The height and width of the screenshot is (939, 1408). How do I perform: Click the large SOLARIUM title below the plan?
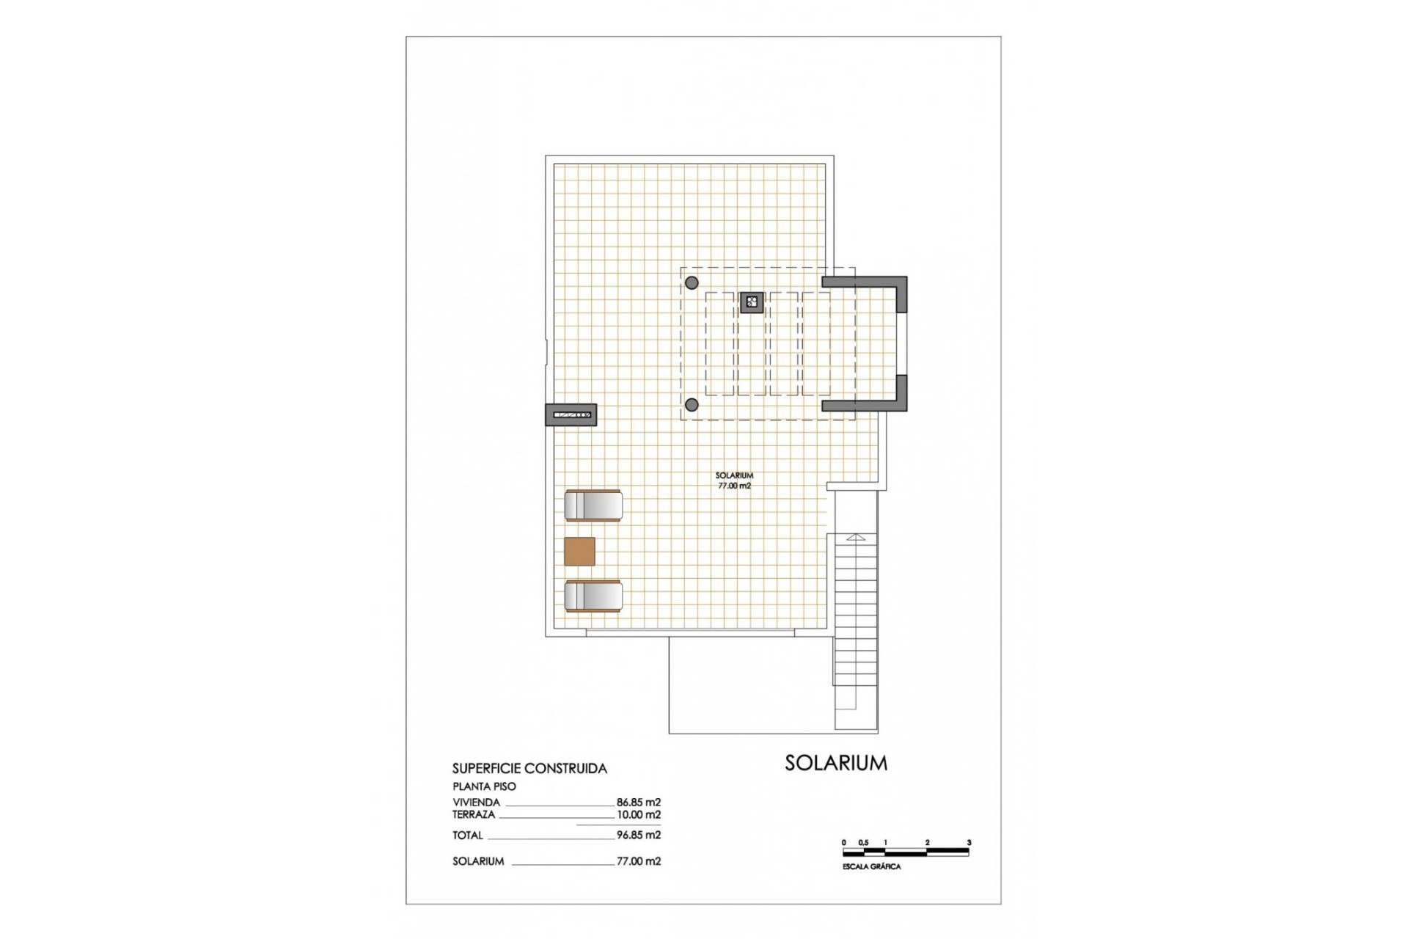click(835, 763)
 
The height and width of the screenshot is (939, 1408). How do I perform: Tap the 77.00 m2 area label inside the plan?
click(734, 486)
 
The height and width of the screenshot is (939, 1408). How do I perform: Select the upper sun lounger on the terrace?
click(593, 505)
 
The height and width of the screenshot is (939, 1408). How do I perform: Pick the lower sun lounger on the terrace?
click(593, 596)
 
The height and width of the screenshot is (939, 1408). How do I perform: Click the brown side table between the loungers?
click(579, 551)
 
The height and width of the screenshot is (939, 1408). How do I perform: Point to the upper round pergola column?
click(692, 282)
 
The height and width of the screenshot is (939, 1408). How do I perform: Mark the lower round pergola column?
click(692, 404)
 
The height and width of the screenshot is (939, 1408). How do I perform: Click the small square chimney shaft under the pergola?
click(751, 302)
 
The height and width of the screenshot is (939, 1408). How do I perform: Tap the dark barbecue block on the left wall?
click(571, 415)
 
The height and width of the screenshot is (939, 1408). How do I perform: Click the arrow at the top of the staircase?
click(856, 538)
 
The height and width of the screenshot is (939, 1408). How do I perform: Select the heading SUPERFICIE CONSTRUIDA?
click(529, 769)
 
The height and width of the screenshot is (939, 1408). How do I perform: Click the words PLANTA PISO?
click(484, 786)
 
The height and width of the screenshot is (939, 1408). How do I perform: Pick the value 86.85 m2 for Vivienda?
click(638, 803)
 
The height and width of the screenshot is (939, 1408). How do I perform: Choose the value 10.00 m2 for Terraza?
click(638, 814)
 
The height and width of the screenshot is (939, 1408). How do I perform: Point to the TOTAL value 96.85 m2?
click(638, 835)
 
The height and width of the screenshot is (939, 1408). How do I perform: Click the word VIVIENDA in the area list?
click(476, 803)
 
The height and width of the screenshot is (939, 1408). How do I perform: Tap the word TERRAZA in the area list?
click(474, 814)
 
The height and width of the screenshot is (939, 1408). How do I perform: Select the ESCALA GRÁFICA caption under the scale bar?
click(871, 867)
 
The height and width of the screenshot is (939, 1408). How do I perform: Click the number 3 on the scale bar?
click(969, 843)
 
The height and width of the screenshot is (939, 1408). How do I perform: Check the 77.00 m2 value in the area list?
click(638, 861)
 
